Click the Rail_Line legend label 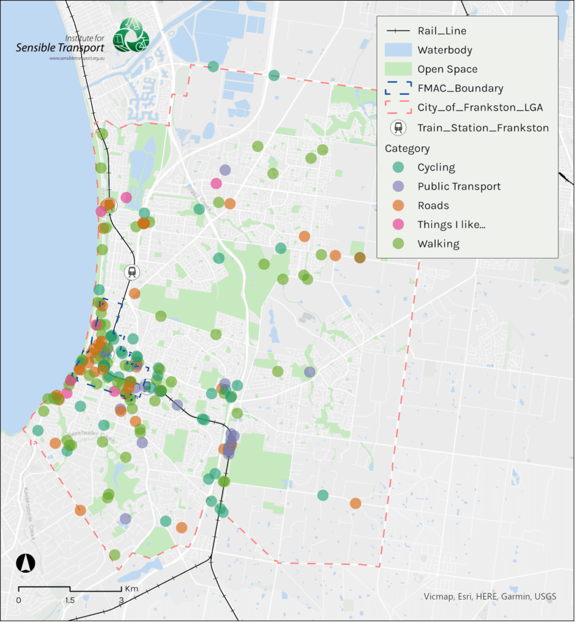click(x=442, y=30)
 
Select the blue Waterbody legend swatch click(x=398, y=50)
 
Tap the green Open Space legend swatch click(x=398, y=69)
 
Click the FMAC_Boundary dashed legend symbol click(x=398, y=89)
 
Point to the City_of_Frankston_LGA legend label click(x=480, y=108)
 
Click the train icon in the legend click(x=398, y=128)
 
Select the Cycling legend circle click(x=398, y=167)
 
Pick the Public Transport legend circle click(x=398, y=186)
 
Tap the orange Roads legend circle click(x=398, y=205)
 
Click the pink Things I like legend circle click(x=398, y=225)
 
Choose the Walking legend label click(x=438, y=244)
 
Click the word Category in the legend click(x=407, y=148)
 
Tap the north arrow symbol click(x=25, y=563)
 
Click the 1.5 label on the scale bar click(x=70, y=600)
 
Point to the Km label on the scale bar click(x=131, y=589)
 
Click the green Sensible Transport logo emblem click(x=131, y=35)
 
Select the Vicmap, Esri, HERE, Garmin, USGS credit click(x=490, y=596)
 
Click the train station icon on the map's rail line click(x=131, y=272)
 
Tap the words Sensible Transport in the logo click(x=60, y=48)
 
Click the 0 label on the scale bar click(x=18, y=600)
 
